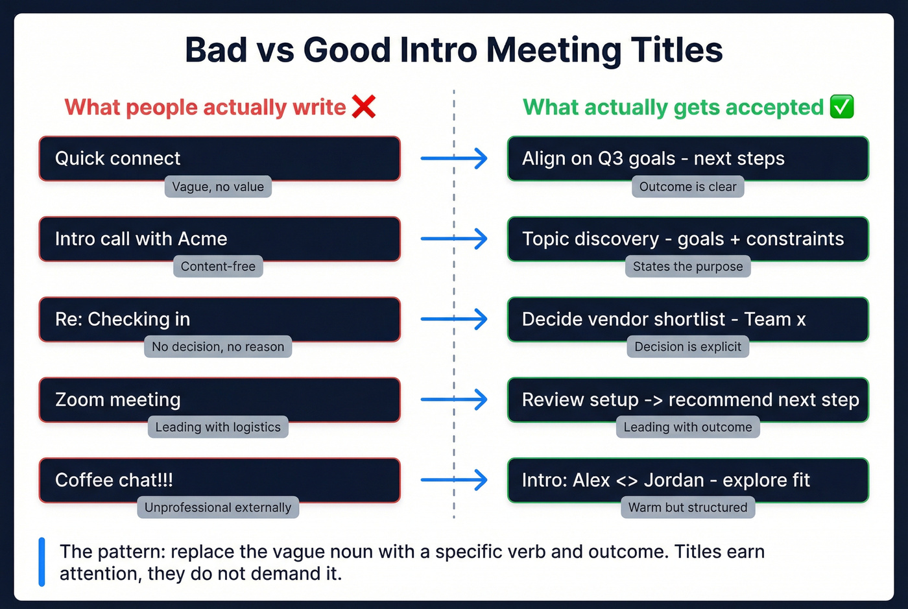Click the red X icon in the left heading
click(x=364, y=107)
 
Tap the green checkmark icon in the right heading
click(x=842, y=107)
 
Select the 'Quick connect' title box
click(x=219, y=158)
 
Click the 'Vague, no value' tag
click(x=218, y=187)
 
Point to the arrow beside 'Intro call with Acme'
click(x=454, y=239)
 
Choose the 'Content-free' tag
click(x=218, y=267)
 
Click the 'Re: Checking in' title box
click(x=219, y=319)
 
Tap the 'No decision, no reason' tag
click(x=218, y=347)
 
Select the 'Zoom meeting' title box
click(x=219, y=400)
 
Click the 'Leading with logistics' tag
click(x=218, y=427)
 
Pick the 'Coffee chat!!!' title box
click(x=219, y=480)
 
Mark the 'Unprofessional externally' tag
click(x=218, y=508)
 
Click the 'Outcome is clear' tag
click(x=687, y=187)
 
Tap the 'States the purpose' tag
click(x=687, y=267)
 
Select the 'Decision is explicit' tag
click(x=687, y=347)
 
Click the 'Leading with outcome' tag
click(x=687, y=427)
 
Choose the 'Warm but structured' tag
click(x=687, y=508)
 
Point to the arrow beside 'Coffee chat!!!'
click(x=454, y=480)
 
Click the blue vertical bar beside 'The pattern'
click(x=42, y=562)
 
